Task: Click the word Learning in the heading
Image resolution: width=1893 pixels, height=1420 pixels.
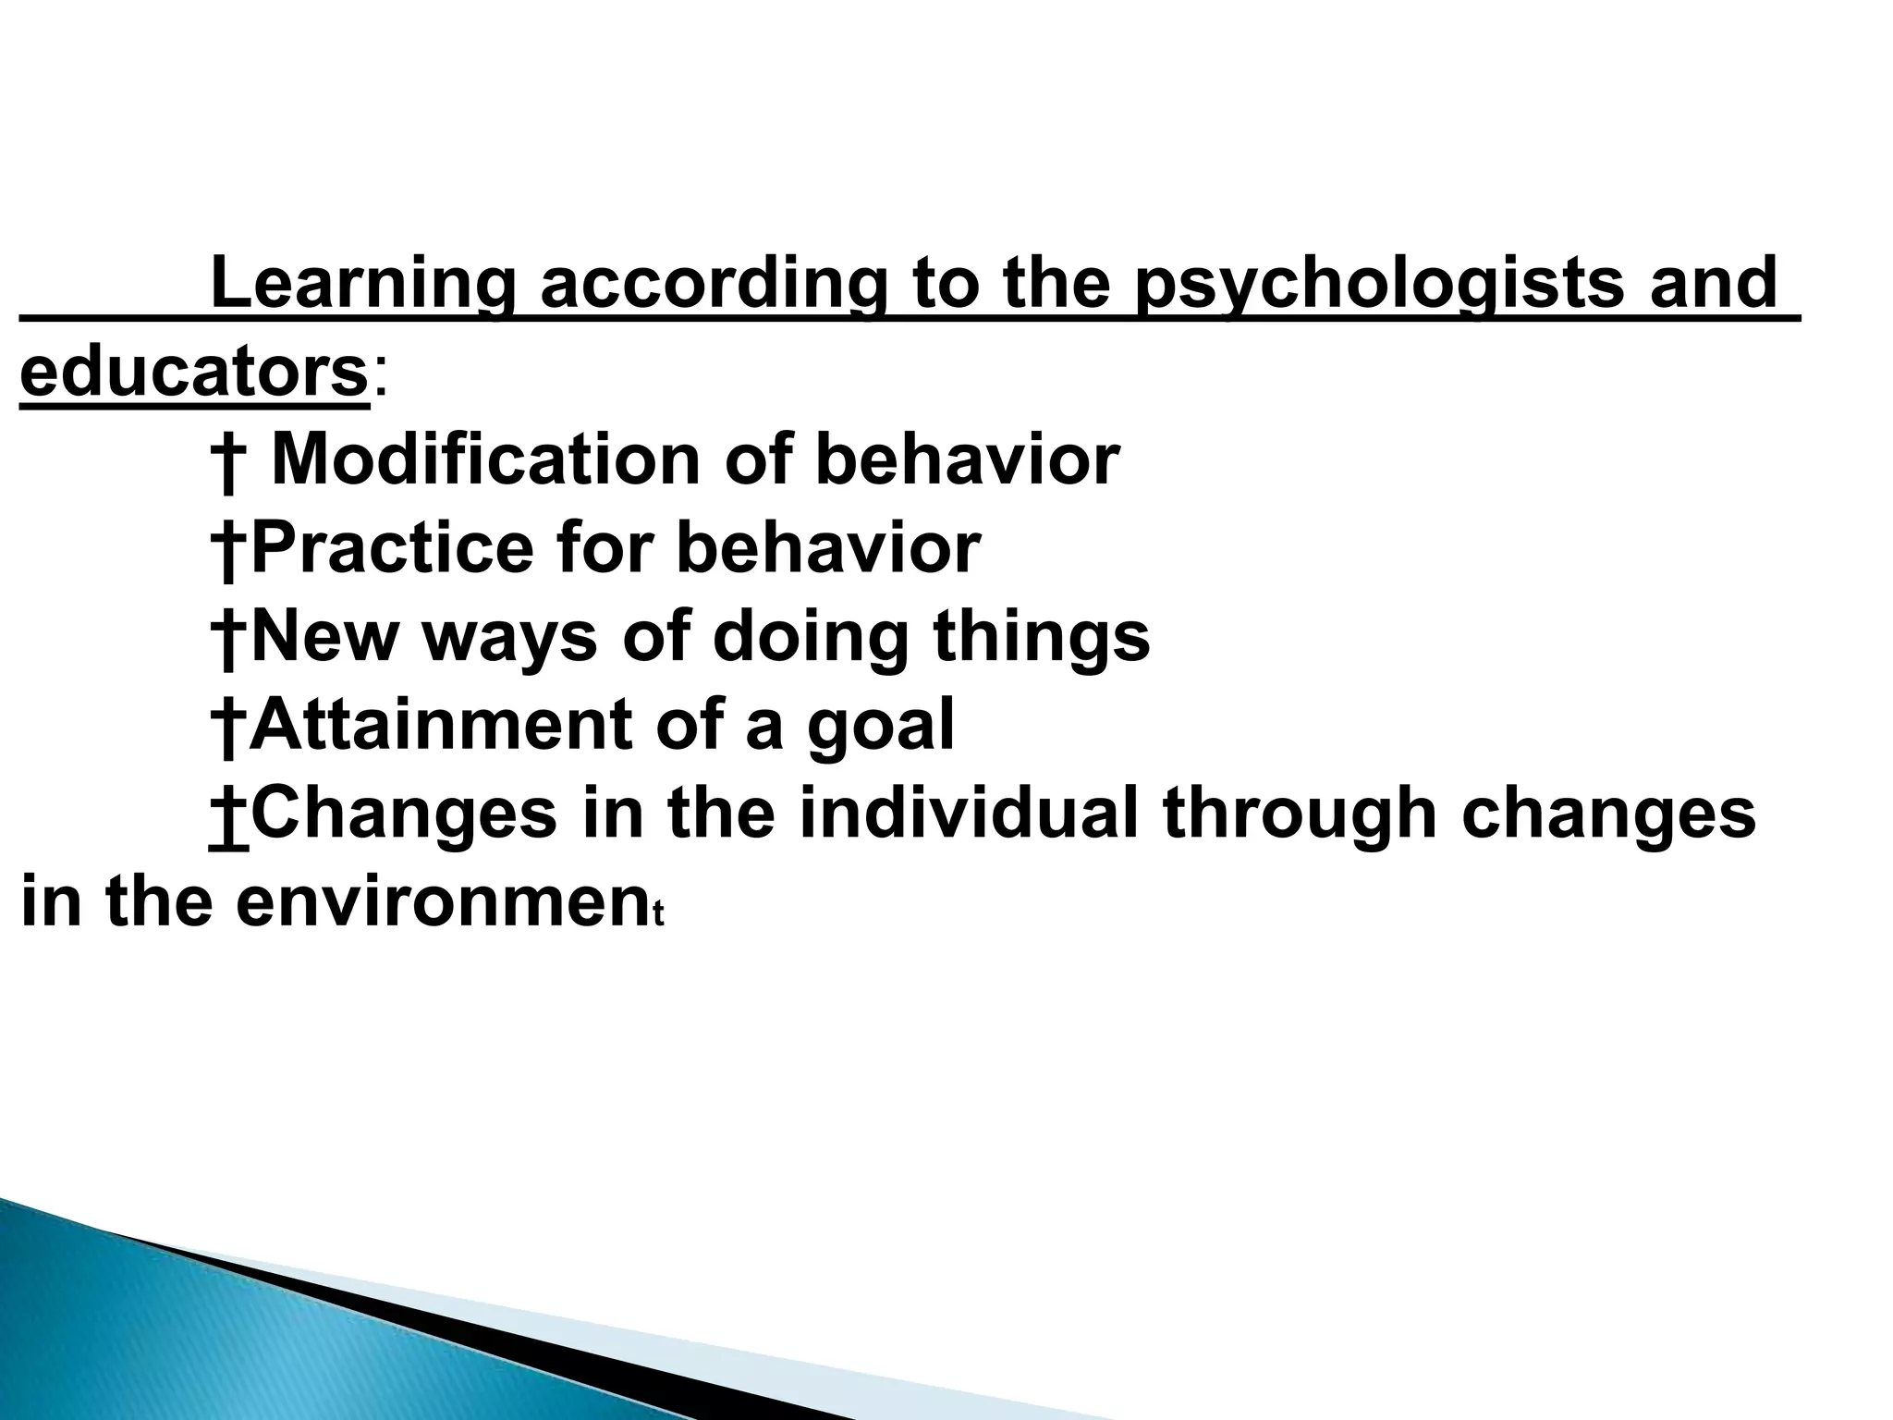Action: pos(360,283)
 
